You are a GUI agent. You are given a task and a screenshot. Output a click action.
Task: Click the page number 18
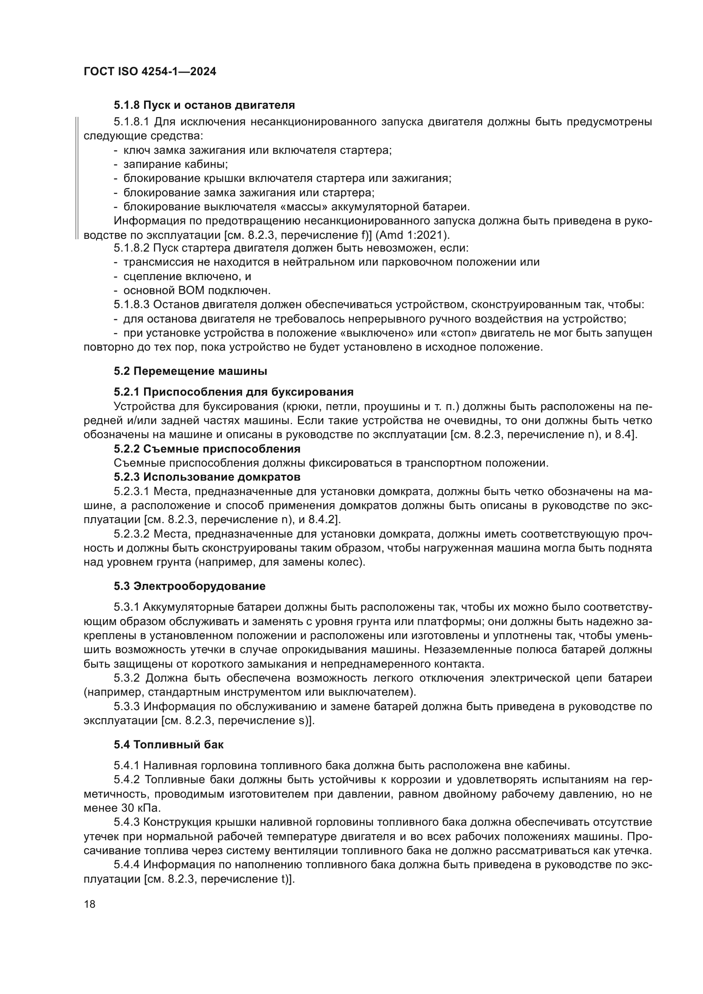tap(90, 904)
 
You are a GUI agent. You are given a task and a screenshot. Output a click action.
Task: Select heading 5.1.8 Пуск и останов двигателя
tap(204, 105)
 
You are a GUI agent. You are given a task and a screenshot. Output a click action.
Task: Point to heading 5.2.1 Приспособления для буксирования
tap(234, 392)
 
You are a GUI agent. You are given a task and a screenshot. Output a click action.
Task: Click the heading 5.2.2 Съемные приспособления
tap(207, 448)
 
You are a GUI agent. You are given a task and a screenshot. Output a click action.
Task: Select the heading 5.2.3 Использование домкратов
tap(207, 477)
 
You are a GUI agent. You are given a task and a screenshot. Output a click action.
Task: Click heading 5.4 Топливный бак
tap(169, 745)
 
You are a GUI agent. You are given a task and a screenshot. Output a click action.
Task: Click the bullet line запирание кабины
tap(175, 164)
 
